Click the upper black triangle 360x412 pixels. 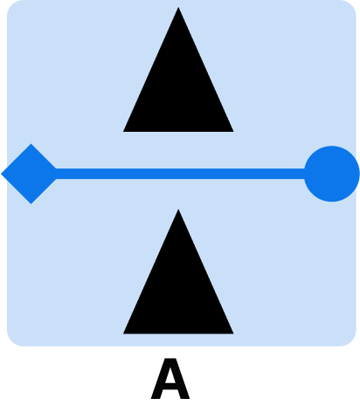178,90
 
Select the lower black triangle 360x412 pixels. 178,292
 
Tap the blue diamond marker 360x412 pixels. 31,174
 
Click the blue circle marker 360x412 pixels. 332,174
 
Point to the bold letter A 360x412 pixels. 170,379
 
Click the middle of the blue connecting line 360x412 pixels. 180,174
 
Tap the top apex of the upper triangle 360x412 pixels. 178,8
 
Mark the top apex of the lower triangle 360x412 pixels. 178,209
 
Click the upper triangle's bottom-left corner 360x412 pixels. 123,132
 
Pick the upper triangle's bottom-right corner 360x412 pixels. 233,132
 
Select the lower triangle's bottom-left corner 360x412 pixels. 123,333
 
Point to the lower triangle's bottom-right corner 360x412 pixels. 233,333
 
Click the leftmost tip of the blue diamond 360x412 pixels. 2,174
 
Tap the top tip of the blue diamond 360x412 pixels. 31,144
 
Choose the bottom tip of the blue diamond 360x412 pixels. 31,203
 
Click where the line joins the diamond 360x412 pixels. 56,174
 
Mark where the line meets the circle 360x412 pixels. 304,174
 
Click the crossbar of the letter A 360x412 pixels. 170,387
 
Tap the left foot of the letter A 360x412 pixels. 156,397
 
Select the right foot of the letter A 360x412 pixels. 185,397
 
